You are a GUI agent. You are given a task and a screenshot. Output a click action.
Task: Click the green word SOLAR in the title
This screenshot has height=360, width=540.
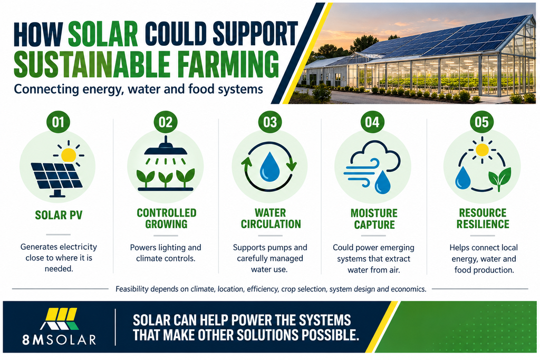click(x=103, y=34)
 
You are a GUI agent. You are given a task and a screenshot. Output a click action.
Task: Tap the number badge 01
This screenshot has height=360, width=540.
click(x=58, y=122)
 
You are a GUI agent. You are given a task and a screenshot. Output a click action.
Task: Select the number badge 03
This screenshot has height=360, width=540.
click(x=270, y=122)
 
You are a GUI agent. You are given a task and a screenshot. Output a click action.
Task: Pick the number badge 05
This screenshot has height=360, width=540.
click(x=481, y=122)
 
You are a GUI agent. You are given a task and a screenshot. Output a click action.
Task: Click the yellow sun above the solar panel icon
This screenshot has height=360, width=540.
click(x=69, y=155)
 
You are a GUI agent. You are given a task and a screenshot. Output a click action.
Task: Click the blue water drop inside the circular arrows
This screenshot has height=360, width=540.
click(x=269, y=167)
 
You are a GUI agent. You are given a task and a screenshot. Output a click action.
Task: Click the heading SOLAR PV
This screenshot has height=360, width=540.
click(x=59, y=215)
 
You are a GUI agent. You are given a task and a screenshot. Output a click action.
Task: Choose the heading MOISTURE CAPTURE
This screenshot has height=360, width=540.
click(x=374, y=219)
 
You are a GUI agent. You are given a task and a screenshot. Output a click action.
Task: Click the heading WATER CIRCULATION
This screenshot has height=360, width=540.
click(x=271, y=218)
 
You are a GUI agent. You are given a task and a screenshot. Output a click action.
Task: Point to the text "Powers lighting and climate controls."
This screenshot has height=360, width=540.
click(x=166, y=252)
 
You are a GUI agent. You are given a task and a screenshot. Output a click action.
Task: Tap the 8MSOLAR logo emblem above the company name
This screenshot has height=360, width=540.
click(x=59, y=319)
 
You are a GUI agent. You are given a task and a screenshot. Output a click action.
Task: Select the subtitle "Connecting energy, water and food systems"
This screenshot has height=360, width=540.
click(x=139, y=89)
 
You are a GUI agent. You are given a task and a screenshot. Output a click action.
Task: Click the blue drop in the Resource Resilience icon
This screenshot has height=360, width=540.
click(x=462, y=178)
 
